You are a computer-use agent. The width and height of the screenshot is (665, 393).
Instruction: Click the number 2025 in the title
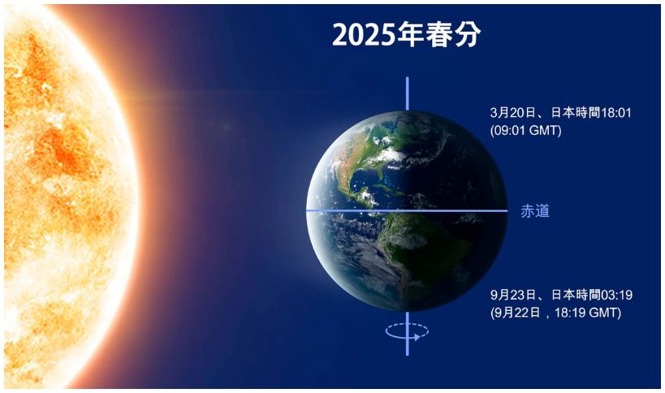tap(364, 34)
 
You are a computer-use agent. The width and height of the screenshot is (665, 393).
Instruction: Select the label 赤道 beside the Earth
tap(535, 210)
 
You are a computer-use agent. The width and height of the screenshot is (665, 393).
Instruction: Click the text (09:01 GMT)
tap(526, 131)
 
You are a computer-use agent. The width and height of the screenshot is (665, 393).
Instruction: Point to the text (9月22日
tap(516, 313)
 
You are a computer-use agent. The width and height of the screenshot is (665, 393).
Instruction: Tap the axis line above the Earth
tap(407, 93)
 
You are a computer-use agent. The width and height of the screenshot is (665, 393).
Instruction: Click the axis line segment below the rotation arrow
tap(407, 348)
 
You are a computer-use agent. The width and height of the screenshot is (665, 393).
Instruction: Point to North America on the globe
tap(374, 149)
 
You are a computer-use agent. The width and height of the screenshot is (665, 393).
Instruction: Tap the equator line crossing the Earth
tap(407, 210)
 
